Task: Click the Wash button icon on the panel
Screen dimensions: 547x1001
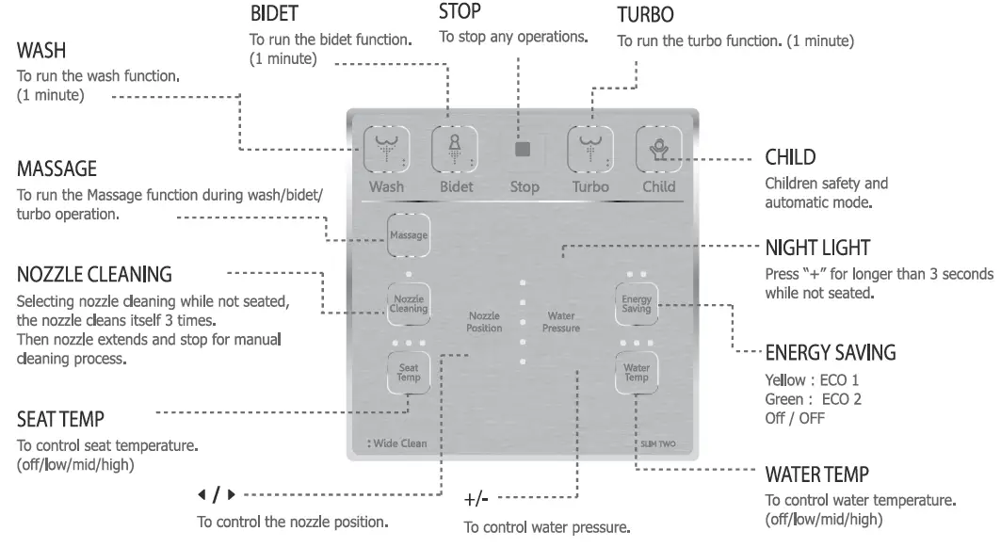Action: (x=386, y=149)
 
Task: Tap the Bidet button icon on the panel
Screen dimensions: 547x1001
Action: (x=456, y=149)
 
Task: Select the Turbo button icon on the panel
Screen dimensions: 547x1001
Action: (x=590, y=149)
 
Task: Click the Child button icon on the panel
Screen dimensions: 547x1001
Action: (x=658, y=149)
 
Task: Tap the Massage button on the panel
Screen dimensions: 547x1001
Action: (x=410, y=235)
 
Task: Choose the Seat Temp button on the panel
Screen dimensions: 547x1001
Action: (x=409, y=373)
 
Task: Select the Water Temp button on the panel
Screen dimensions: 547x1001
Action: (x=637, y=373)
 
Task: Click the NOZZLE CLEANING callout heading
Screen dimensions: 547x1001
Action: (x=94, y=276)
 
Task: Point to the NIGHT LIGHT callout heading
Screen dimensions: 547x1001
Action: (x=817, y=248)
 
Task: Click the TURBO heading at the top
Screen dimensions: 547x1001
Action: (x=645, y=17)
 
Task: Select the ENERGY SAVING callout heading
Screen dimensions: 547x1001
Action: (x=830, y=353)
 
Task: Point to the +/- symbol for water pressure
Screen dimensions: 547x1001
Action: (x=478, y=497)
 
